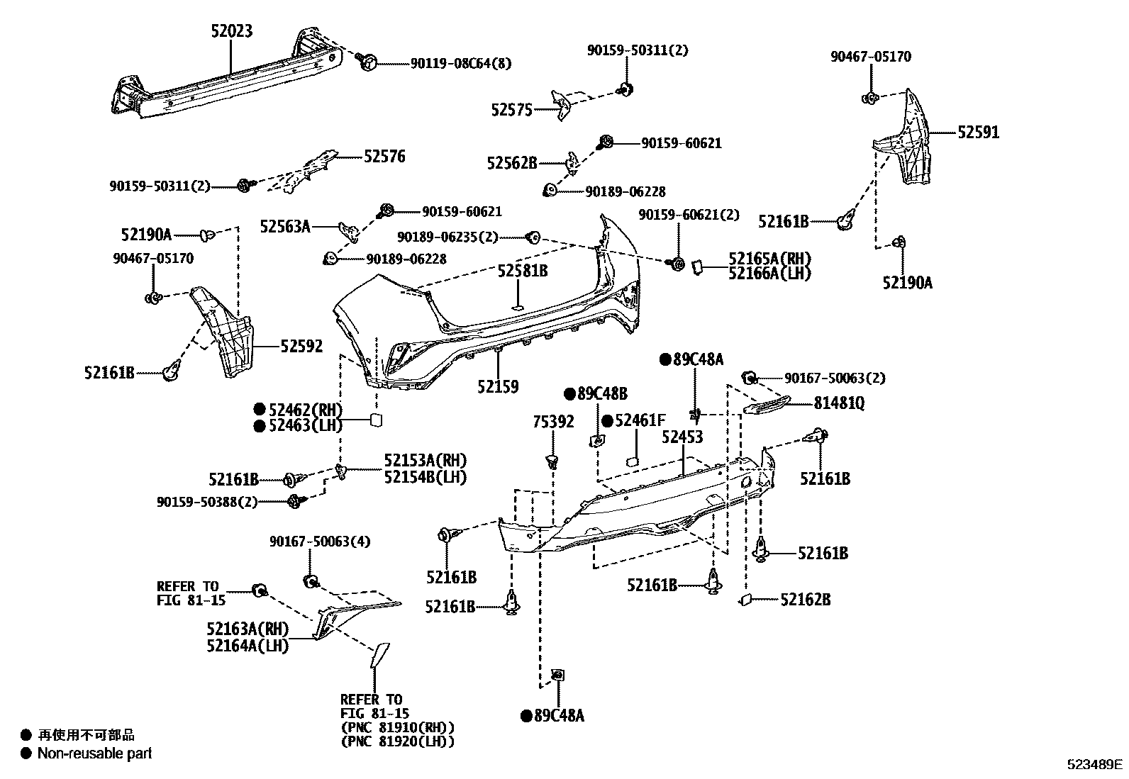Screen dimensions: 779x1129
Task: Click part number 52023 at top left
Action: (231, 31)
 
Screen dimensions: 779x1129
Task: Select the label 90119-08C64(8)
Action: (461, 63)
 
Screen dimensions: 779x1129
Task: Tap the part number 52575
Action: (511, 110)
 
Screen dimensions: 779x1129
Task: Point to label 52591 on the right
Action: (978, 133)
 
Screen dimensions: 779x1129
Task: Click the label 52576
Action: (384, 157)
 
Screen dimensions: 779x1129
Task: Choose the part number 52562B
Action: (512, 163)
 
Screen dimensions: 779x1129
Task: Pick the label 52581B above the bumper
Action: (522, 271)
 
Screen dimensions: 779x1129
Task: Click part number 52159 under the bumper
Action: (497, 387)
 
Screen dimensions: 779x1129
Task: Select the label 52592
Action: (301, 346)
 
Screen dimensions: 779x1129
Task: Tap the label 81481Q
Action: (839, 403)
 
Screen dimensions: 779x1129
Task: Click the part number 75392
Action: (553, 422)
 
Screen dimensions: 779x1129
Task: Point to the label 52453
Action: (682, 437)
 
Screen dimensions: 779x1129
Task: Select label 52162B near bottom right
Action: (805, 600)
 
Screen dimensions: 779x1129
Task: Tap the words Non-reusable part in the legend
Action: (94, 753)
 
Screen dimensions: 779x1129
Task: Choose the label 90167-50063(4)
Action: (320, 542)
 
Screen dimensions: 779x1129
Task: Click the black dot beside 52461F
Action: (608, 421)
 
